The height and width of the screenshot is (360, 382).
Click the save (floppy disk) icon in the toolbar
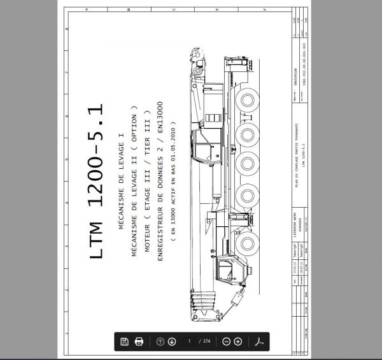[x=125, y=342]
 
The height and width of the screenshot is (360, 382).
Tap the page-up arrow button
[x=160, y=342]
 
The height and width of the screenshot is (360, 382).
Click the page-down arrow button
[x=172, y=342]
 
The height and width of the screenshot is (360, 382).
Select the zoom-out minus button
[x=226, y=342]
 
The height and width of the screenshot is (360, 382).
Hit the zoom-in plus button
[x=238, y=342]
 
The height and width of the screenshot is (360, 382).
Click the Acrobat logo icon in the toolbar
[x=259, y=342]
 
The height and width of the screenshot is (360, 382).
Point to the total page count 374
[x=206, y=342]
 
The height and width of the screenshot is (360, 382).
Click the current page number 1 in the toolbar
[x=190, y=342]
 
